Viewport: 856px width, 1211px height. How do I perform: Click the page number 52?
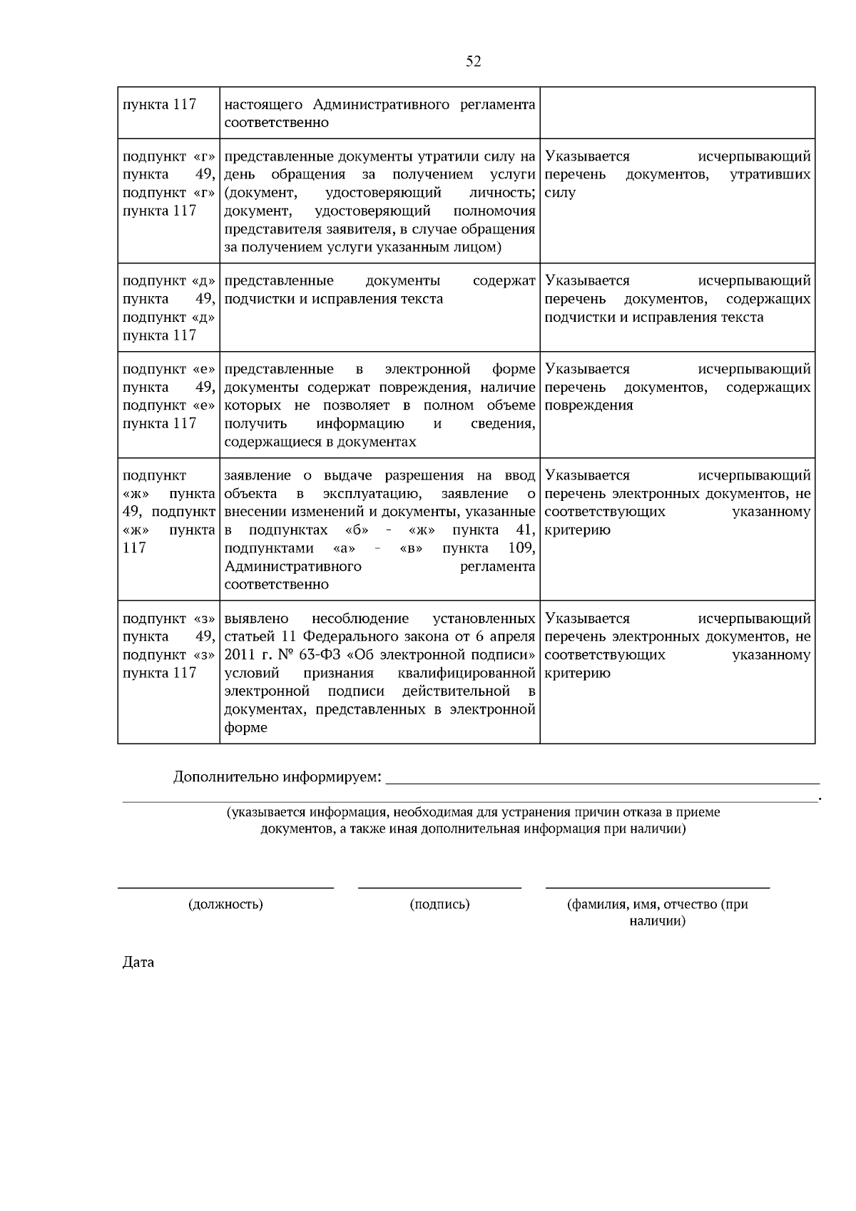(473, 61)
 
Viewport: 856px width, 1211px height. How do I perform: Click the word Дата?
(138, 963)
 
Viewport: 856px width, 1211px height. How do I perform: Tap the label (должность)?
(225, 904)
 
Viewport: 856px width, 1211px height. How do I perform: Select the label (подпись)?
(439, 904)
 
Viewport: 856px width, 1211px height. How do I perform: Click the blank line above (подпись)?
(439, 887)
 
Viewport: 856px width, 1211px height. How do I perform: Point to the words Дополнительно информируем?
(277, 776)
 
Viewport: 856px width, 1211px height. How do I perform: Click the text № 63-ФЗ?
(275, 655)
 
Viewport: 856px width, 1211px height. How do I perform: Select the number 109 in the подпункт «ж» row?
(521, 548)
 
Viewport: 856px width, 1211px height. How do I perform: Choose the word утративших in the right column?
(770, 175)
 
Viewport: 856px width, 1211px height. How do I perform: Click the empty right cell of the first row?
(677, 113)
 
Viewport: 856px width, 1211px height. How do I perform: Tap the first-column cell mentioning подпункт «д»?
(169, 308)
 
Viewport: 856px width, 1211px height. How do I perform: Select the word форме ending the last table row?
(245, 728)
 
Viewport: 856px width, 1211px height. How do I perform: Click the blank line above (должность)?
(225, 887)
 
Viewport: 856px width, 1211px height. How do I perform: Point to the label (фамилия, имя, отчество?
(657, 904)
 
